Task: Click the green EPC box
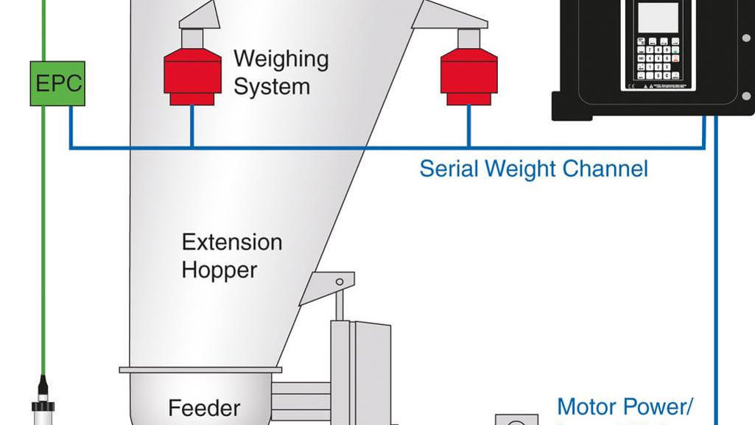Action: click(57, 83)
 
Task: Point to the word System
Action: click(271, 86)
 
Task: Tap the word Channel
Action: click(605, 169)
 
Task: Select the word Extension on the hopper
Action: click(231, 242)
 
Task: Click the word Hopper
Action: click(219, 270)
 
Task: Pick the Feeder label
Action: click(204, 407)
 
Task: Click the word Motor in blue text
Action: click(588, 406)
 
